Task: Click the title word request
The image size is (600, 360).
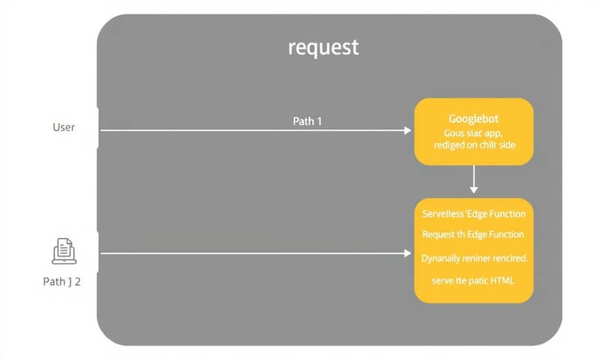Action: click(323, 48)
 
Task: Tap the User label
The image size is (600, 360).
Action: click(64, 127)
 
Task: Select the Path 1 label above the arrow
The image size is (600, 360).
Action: click(307, 121)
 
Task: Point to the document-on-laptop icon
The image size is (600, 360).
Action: click(63, 251)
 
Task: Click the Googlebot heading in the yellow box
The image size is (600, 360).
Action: click(473, 118)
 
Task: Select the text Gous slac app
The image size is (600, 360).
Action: click(473, 132)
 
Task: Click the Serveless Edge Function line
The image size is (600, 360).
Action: click(473, 214)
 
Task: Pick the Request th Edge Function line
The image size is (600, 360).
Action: click(473, 235)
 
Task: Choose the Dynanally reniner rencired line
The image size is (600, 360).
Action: click(473, 258)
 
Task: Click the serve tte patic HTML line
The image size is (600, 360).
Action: click(473, 280)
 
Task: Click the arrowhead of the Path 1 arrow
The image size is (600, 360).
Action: click(407, 130)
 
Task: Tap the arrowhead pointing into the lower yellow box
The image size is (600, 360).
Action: click(407, 253)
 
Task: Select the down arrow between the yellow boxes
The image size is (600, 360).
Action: click(473, 180)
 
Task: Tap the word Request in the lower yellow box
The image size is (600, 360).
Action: click(439, 235)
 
